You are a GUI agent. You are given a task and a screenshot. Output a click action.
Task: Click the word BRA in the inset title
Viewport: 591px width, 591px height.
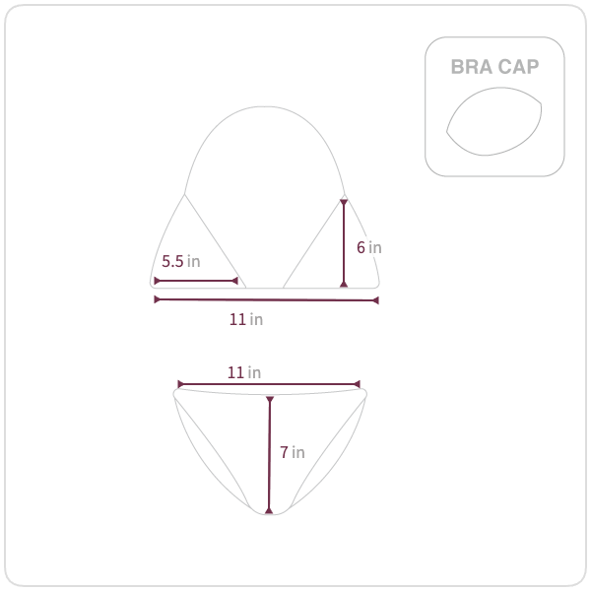pos(472,67)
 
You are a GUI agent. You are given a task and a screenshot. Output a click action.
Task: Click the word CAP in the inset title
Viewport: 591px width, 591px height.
pos(518,67)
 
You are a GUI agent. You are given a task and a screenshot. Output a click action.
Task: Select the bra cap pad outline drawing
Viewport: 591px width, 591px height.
pos(494,121)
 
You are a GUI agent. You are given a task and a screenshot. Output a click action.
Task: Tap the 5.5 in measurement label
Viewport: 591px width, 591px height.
pos(181,261)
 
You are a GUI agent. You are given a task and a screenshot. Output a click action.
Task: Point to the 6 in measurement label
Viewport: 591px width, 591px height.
pos(369,247)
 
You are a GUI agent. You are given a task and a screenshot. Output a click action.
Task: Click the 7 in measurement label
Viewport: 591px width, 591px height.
pos(293,452)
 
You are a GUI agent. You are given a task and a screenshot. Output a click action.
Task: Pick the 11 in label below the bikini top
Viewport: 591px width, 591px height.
pos(246,319)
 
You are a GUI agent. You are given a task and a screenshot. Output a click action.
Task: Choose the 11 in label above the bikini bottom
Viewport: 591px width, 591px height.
pos(244,372)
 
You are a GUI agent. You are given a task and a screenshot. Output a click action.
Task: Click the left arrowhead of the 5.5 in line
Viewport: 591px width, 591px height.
pos(157,281)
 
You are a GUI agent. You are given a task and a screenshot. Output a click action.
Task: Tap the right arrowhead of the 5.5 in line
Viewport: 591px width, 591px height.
pos(234,281)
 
